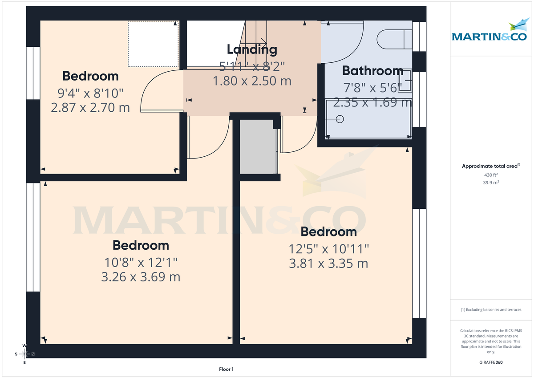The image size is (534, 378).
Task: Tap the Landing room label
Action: pos(252,49)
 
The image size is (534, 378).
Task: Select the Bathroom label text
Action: pos(372,71)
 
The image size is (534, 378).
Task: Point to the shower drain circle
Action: pos(340,119)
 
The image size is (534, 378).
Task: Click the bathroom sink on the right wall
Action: pos(405,83)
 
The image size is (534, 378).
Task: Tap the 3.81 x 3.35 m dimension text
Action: pos(328,264)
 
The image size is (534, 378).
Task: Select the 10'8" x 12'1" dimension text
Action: pos(141,261)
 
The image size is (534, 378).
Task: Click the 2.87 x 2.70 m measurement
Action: pos(90,107)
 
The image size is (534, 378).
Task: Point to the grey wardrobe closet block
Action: pos(258,146)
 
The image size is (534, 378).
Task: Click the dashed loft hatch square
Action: pos(153,44)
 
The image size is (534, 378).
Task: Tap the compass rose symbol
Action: pos(24,354)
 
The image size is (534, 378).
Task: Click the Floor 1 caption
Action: pos(226,369)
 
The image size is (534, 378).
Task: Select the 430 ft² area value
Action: pos(490,175)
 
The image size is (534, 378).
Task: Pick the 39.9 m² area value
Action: pos(490,183)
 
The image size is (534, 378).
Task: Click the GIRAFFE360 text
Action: pos(490,362)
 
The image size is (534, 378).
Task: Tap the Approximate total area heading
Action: pos(490,166)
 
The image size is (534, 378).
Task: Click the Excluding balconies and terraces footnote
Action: pos(490,309)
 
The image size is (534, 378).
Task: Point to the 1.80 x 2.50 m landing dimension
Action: pos(252,81)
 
